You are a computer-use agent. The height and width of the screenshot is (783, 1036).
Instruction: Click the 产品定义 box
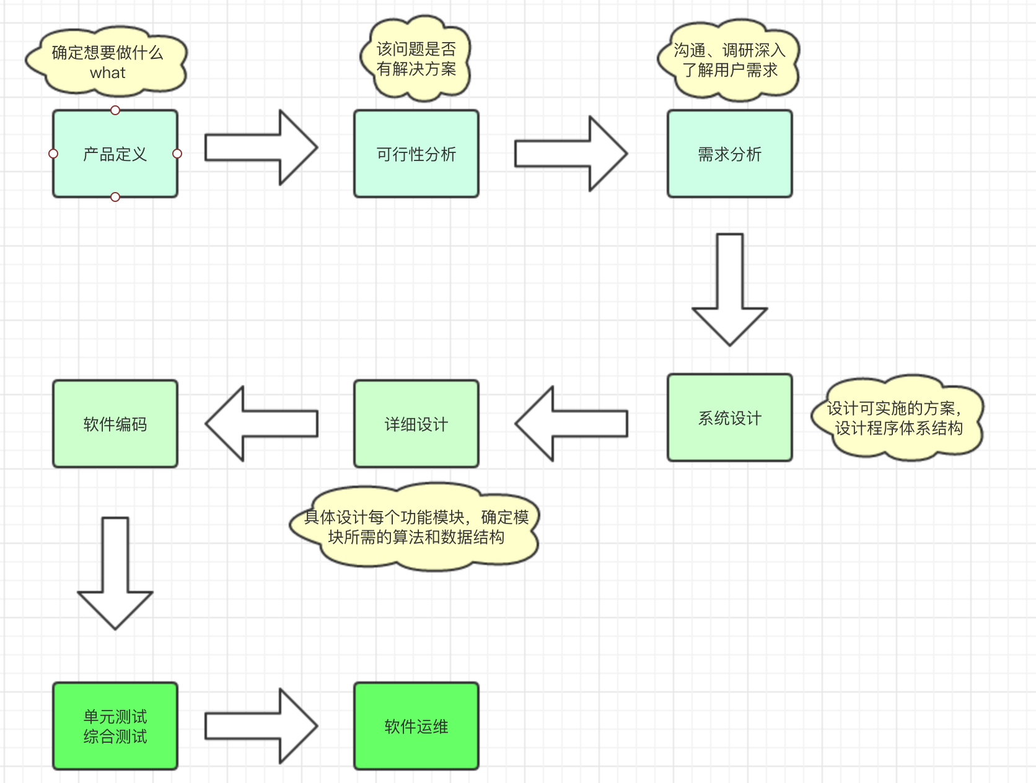115,154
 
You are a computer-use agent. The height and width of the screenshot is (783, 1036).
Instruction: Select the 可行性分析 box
416,154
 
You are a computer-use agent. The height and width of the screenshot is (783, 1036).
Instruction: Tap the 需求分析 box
729,154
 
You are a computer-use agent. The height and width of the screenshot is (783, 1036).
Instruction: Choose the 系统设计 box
729,418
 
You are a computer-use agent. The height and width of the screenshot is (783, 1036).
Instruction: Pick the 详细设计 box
416,424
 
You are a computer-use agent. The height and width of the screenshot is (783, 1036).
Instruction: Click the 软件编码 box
115,424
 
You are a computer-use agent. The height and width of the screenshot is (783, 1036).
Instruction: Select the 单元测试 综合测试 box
115,727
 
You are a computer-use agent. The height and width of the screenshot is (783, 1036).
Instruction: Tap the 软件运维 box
416,727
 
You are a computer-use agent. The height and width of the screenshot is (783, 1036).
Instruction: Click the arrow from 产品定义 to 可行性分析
260,148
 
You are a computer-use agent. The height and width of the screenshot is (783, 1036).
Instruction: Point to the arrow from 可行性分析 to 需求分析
570,154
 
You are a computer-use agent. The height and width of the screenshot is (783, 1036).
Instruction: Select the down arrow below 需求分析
730,291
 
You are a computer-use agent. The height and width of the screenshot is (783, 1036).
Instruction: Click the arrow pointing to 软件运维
260,727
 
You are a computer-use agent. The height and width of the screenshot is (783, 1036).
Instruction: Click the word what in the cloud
108,73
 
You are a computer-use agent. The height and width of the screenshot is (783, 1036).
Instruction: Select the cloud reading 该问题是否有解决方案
416,59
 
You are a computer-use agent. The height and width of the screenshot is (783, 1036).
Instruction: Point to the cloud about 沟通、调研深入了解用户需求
729,61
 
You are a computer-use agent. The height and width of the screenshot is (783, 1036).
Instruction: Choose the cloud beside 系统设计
897,418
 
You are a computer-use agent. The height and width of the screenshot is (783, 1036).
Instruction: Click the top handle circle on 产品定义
115,110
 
